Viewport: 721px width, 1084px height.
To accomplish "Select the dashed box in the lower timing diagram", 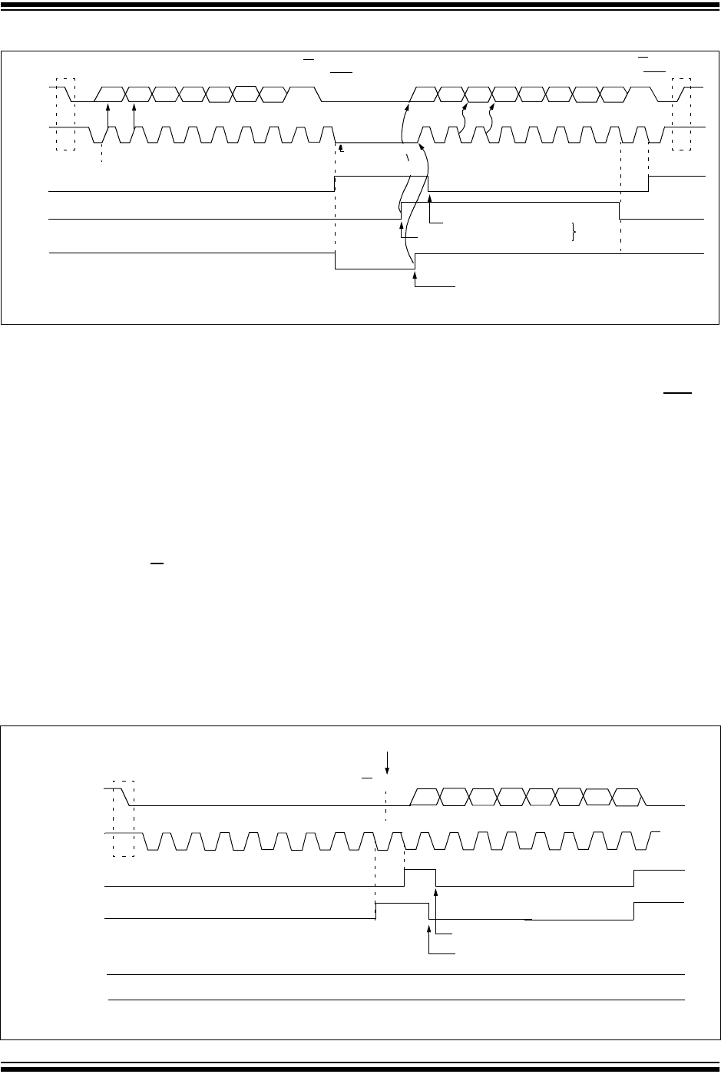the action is pos(124,818).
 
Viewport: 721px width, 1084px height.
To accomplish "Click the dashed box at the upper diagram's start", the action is pos(66,114).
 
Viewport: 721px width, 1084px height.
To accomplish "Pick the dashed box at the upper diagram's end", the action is pos(681,114).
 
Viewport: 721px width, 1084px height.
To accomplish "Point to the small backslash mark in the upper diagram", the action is pos(408,157).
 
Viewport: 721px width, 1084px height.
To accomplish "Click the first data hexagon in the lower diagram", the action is pos(426,796).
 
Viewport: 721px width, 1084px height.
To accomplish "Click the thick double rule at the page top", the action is pos(360,7).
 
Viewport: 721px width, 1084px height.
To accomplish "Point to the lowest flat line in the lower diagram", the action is pos(395,1000).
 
